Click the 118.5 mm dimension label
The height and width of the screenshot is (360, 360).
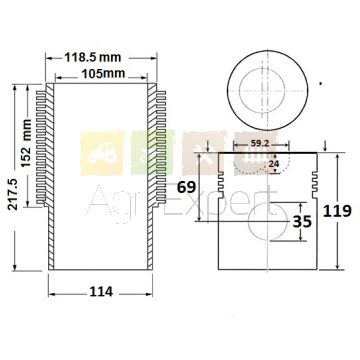coord(93,57)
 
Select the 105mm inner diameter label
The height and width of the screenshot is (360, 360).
coord(103,73)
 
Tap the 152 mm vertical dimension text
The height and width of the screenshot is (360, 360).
coord(25,143)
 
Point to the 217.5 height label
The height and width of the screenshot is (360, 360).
coord(13,194)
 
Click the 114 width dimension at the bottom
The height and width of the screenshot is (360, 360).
coord(101,292)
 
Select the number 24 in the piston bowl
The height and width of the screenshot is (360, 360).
coord(273,164)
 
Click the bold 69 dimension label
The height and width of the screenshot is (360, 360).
coord(186,187)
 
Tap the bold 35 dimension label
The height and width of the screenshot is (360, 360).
coord(302,221)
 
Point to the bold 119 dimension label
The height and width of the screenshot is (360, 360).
coord(337,211)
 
